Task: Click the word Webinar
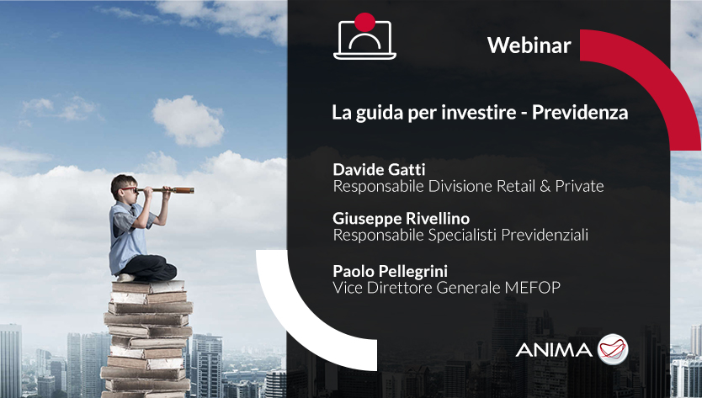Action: (529, 45)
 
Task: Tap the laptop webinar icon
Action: (364, 37)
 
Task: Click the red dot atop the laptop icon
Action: (364, 23)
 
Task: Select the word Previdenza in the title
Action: (580, 112)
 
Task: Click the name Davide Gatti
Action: (379, 169)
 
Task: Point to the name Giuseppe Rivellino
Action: (402, 219)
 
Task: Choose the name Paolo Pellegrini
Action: (390, 271)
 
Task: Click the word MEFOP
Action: (532, 288)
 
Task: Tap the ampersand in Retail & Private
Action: (545, 186)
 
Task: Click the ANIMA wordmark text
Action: (554, 350)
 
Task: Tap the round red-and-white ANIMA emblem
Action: (613, 349)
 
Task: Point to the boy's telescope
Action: (166, 190)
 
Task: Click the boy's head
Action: (124, 188)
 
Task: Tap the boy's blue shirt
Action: (128, 237)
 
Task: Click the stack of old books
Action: (147, 339)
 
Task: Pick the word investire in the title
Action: (479, 112)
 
